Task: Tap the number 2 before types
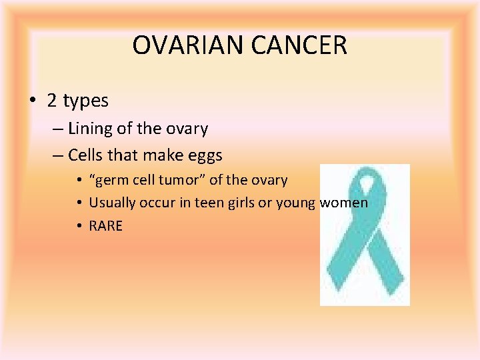point(52,101)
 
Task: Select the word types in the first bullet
point(85,101)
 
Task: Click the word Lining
point(91,129)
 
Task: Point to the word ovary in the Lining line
point(187,129)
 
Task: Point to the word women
point(344,203)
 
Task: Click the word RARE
point(106,226)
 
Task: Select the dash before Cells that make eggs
point(58,156)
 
